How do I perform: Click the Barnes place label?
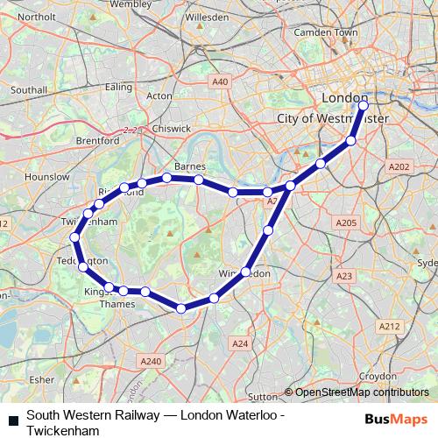[x=190, y=166]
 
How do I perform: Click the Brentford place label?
[x=97, y=140]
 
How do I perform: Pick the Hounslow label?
[x=47, y=176]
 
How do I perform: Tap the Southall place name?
[x=28, y=89]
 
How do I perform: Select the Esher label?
[x=41, y=380]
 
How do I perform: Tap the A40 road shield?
[x=220, y=81]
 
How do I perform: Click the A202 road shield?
[x=399, y=166]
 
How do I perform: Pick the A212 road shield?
[x=390, y=326]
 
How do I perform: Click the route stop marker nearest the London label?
[x=364, y=106]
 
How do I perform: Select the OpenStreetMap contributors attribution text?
[x=362, y=392]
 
